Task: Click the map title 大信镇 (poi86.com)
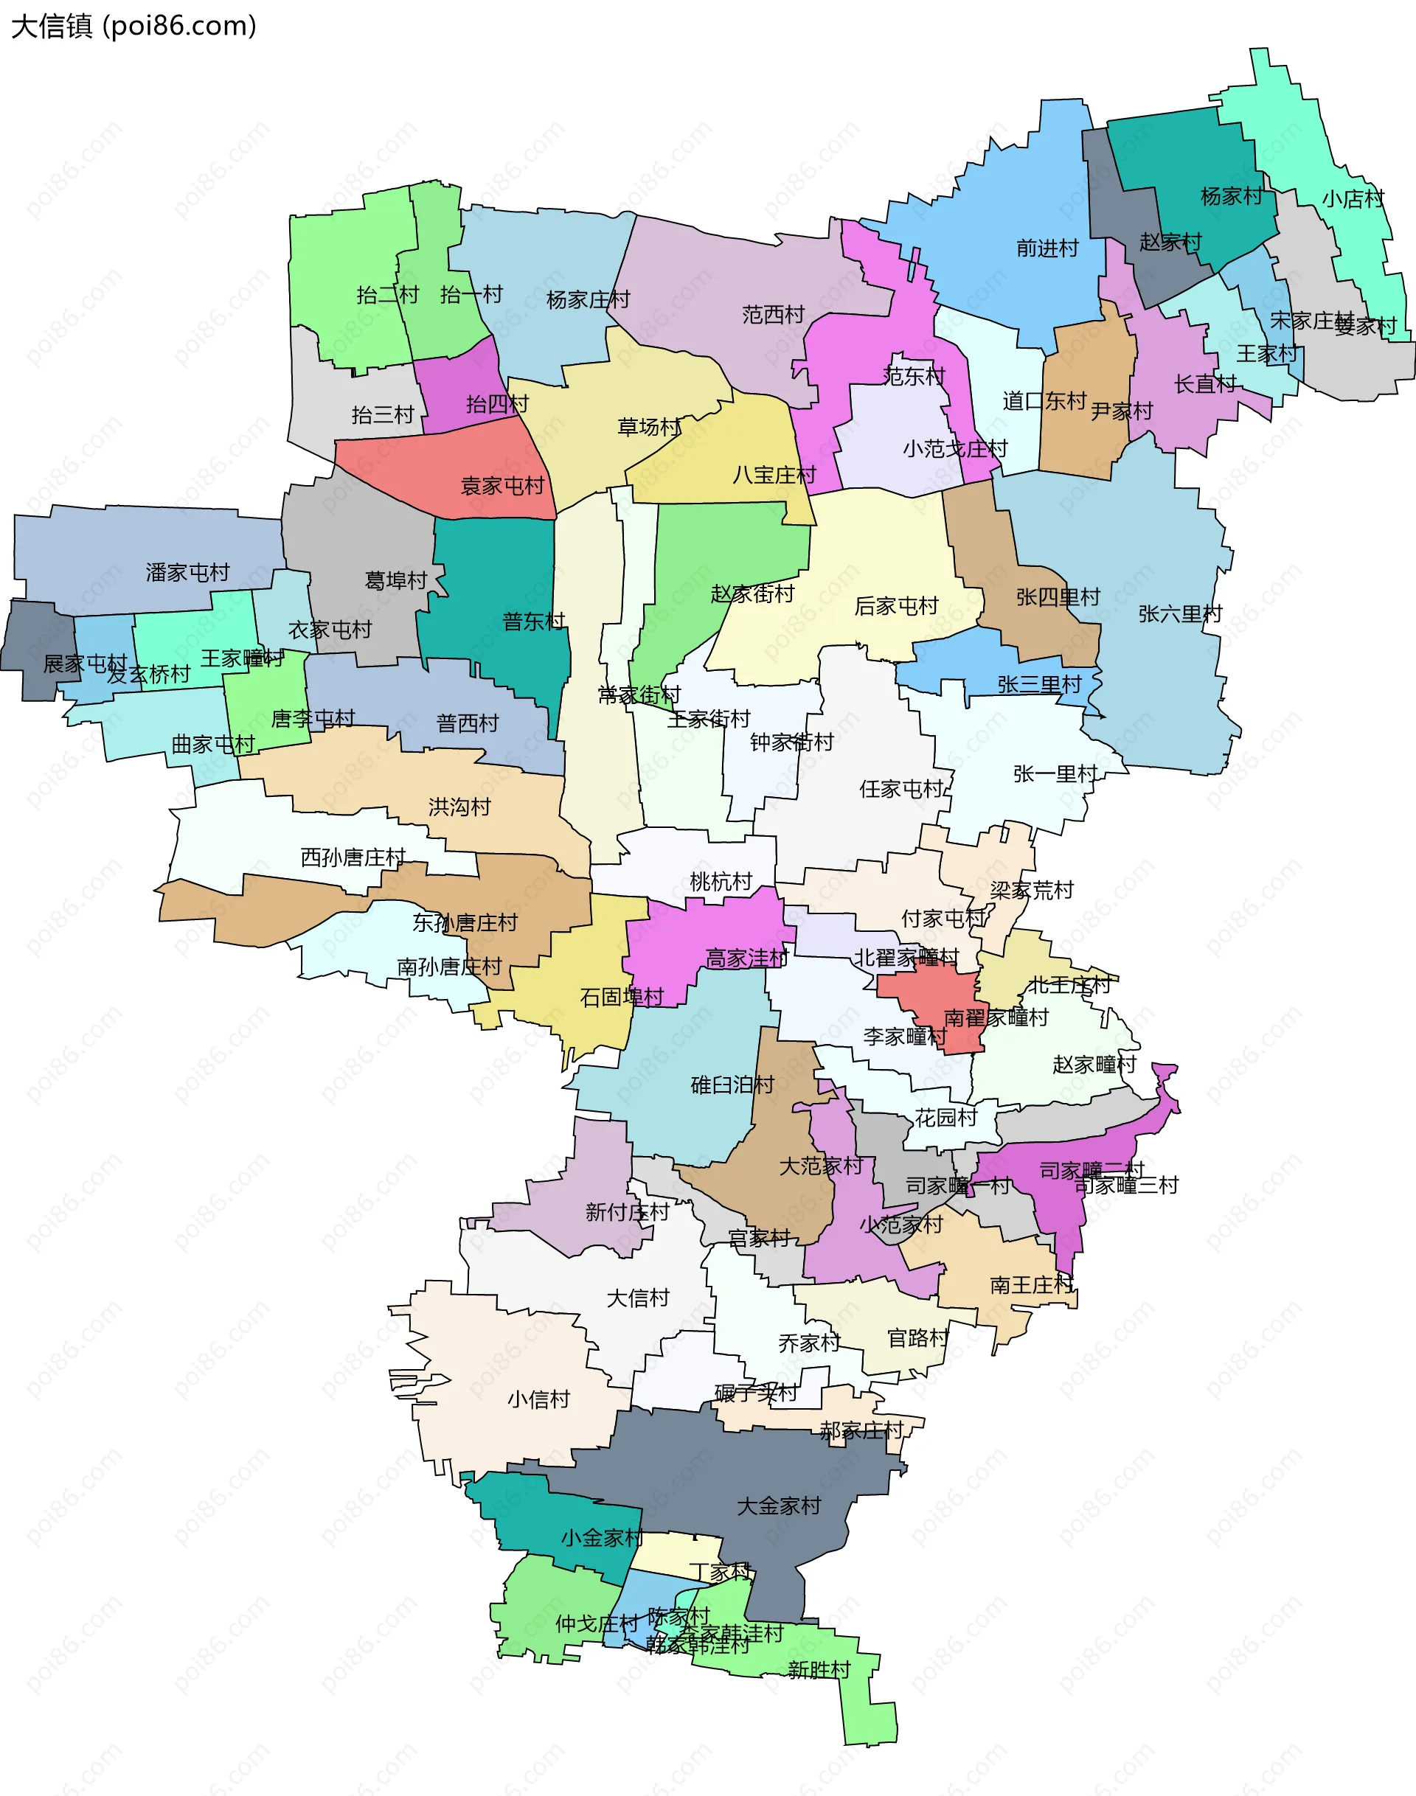pos(133,27)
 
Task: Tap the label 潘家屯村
pos(187,573)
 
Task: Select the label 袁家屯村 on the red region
pos(502,486)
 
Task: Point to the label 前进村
pos(1047,248)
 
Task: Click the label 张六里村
pos(1180,614)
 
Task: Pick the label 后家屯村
pos(895,607)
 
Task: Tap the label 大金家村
pos(779,1506)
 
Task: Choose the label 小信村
pos(539,1400)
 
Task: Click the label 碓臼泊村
pos(732,1085)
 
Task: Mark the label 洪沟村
pos(459,807)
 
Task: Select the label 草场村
pos(649,428)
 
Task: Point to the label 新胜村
pos(819,1670)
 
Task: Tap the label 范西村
pos(773,315)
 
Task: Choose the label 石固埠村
pos(622,997)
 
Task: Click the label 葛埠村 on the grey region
pos(395,581)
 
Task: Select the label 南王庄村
pos(1031,1286)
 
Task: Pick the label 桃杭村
pos(721,882)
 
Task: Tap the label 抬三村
pos(382,415)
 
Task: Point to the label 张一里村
pos(1055,774)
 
